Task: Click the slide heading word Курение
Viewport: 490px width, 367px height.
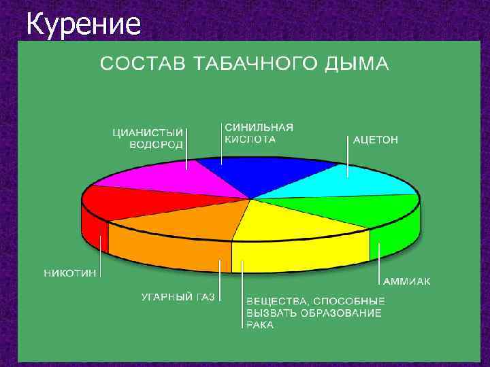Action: pos(84,25)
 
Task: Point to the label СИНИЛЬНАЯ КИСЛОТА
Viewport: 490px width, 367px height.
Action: pos(259,133)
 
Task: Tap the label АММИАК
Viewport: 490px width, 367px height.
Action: pos(406,281)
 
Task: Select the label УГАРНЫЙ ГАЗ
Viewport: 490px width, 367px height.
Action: pos(178,297)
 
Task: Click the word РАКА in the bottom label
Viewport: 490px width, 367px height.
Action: pos(260,325)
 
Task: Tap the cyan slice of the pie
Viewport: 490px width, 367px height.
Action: pos(340,182)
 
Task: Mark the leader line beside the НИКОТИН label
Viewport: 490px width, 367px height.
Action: pos(102,255)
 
